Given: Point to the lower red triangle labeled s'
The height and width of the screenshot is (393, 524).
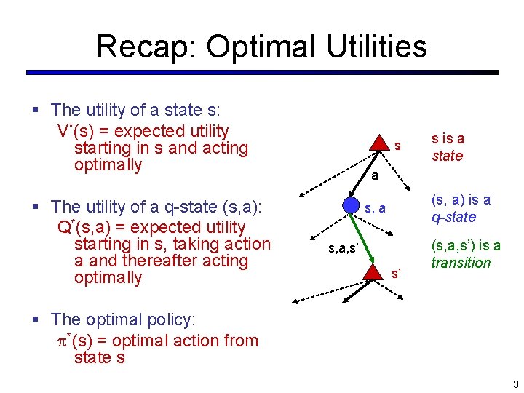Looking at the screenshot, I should [373, 272].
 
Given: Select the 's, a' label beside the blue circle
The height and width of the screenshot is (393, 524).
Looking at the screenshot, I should [376, 209].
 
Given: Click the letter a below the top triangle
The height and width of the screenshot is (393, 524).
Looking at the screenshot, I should [373, 176].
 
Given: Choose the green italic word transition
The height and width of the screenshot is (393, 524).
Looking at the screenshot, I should [461, 263].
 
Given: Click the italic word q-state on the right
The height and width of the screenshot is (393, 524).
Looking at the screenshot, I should [453, 217].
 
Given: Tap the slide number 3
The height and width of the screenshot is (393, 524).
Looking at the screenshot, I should [515, 384].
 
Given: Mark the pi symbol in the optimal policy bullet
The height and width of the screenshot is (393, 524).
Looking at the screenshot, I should [61, 341].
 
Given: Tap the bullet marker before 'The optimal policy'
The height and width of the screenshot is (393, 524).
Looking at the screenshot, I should [36, 319].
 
